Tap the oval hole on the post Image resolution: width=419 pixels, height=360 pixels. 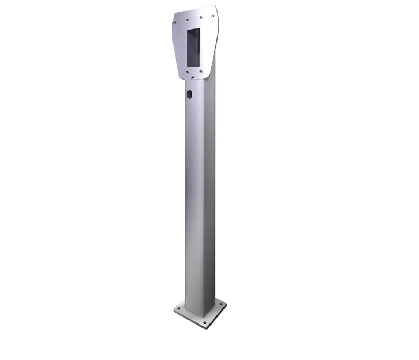tap(189, 95)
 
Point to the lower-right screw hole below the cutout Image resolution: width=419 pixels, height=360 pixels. tap(200, 70)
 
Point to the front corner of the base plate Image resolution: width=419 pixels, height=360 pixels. tap(205, 328)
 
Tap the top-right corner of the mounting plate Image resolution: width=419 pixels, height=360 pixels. tap(216, 6)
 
